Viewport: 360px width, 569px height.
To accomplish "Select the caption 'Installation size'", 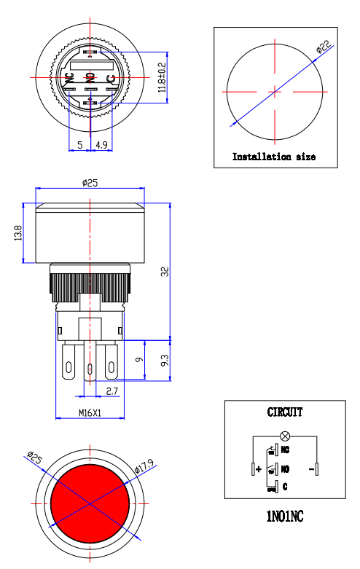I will pos(273,157).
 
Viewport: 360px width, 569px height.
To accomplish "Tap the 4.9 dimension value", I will pos(101,145).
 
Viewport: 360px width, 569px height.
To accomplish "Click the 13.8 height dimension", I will pos(18,233).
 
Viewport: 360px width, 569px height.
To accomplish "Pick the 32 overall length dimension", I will pos(165,271).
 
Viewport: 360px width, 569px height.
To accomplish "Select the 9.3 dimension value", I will pos(165,360).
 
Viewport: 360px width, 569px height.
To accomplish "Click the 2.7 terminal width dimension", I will pos(113,391).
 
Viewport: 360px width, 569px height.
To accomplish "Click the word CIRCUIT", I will pos(285,412).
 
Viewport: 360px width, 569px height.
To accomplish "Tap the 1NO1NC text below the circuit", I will pos(284,517).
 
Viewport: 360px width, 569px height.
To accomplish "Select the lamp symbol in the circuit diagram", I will pos(285,436).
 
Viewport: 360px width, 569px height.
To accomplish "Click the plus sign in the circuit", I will pos(259,470).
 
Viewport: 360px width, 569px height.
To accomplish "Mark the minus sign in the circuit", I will pos(311,469).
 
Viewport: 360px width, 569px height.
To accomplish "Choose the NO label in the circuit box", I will pos(285,469).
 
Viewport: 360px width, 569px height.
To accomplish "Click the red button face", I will pos(90,503).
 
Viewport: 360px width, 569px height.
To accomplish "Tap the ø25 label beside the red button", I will pos(34,458).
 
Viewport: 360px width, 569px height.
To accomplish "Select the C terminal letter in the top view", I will pos(111,78).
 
